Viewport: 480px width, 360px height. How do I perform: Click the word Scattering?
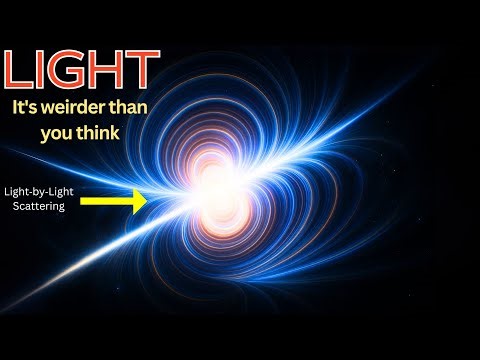point(36,206)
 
